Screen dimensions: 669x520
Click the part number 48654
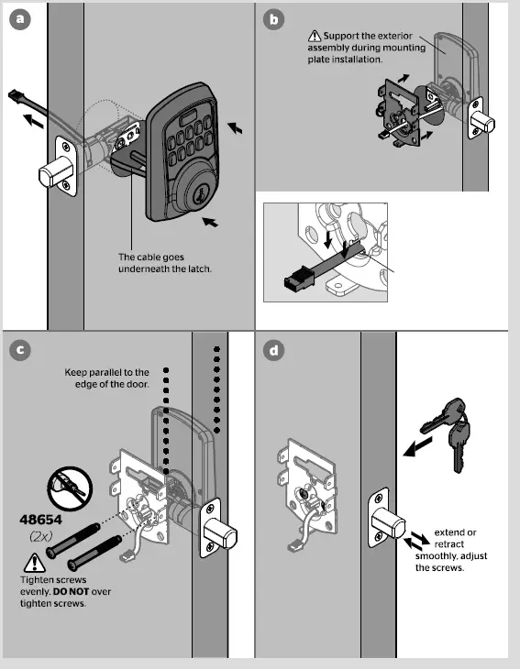click(40, 519)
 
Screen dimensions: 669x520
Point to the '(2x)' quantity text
click(39, 534)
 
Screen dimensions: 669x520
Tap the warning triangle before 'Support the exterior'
click(315, 37)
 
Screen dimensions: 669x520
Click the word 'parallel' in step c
click(113, 372)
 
